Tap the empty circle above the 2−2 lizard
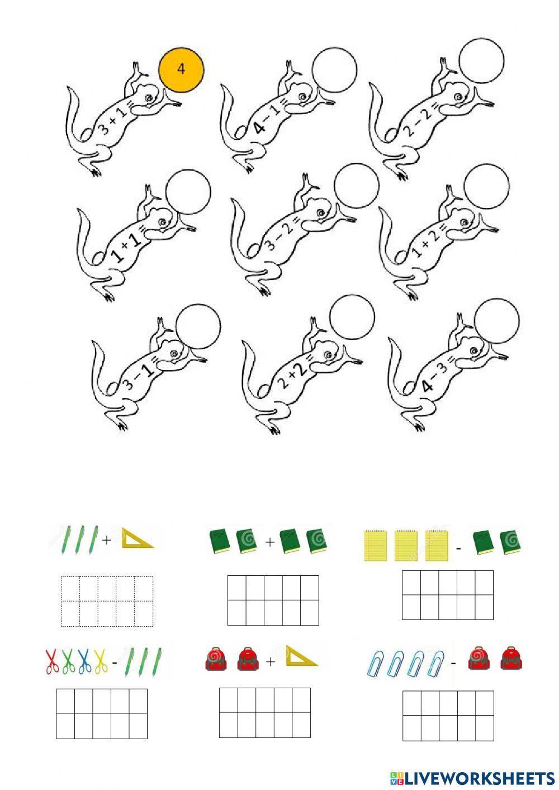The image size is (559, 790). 481,61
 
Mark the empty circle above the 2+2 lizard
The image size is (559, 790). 352,317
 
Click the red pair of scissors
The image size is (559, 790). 51,661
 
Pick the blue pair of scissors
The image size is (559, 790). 84,661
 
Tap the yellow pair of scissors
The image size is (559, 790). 101,661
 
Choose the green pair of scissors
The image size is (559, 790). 68,661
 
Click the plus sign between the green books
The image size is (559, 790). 270,541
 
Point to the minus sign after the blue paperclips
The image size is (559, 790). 453,663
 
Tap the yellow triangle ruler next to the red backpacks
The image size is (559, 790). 301,656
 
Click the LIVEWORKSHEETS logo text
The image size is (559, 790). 479,778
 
